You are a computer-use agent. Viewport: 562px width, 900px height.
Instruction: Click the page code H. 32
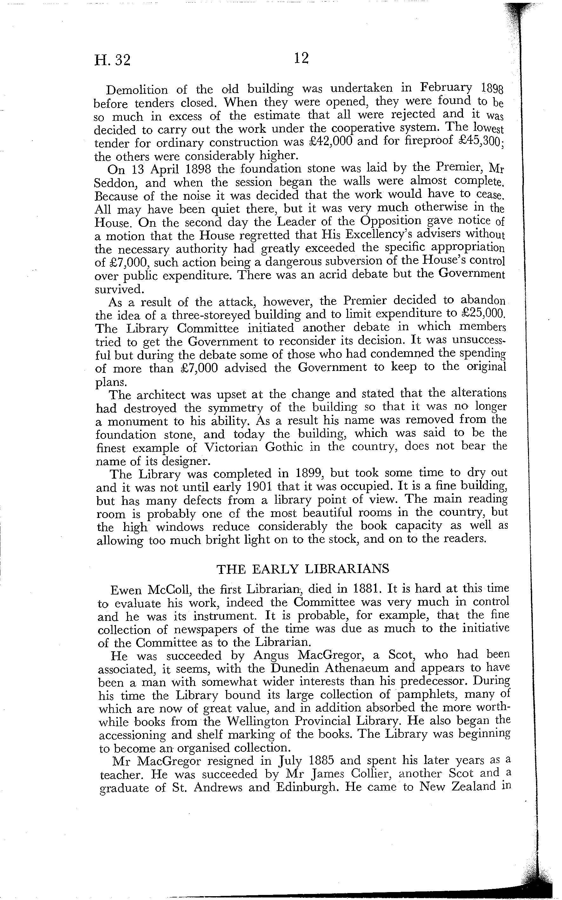click(x=112, y=60)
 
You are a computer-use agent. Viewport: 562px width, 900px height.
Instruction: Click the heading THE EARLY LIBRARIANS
click(x=303, y=569)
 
